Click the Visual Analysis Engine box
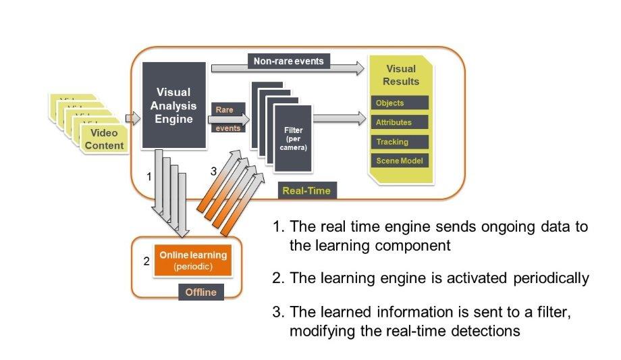173,105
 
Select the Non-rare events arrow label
288,61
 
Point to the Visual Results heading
401,75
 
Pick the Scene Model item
399,161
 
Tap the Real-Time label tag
306,190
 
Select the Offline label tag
200,292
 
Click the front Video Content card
104,140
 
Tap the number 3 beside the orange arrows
213,172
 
